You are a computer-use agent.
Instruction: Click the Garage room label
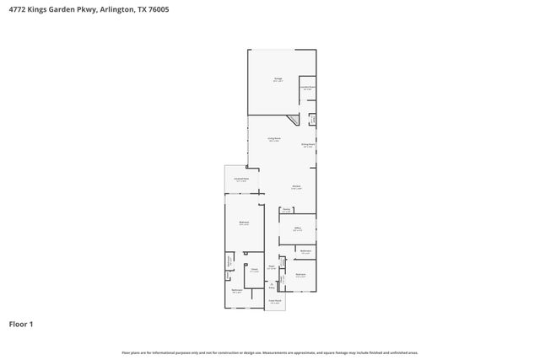[277, 80]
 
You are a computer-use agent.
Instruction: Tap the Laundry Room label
[308, 87]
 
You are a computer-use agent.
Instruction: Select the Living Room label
[274, 139]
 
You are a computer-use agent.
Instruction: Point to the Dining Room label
[308, 145]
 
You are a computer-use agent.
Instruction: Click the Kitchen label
[297, 187]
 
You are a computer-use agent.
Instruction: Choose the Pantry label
[287, 210]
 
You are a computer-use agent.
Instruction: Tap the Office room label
[297, 228]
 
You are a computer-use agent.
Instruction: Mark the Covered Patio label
[240, 180]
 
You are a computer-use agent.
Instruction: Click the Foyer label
[272, 267]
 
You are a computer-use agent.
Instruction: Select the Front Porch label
[274, 301]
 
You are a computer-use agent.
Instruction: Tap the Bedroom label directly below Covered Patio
[243, 223]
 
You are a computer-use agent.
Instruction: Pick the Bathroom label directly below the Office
[305, 251]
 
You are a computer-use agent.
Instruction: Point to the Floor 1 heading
[21, 324]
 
